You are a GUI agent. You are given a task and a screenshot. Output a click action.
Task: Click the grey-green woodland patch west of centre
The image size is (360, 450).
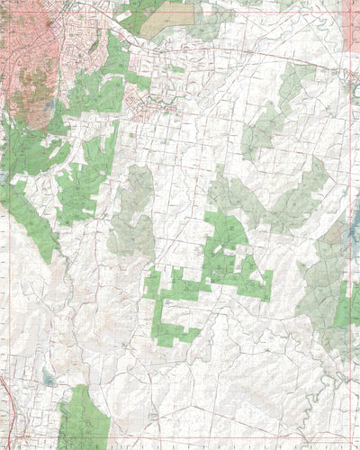[x=133, y=216]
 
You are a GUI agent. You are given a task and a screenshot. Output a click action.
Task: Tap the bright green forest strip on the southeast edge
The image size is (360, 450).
[x=346, y=306]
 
